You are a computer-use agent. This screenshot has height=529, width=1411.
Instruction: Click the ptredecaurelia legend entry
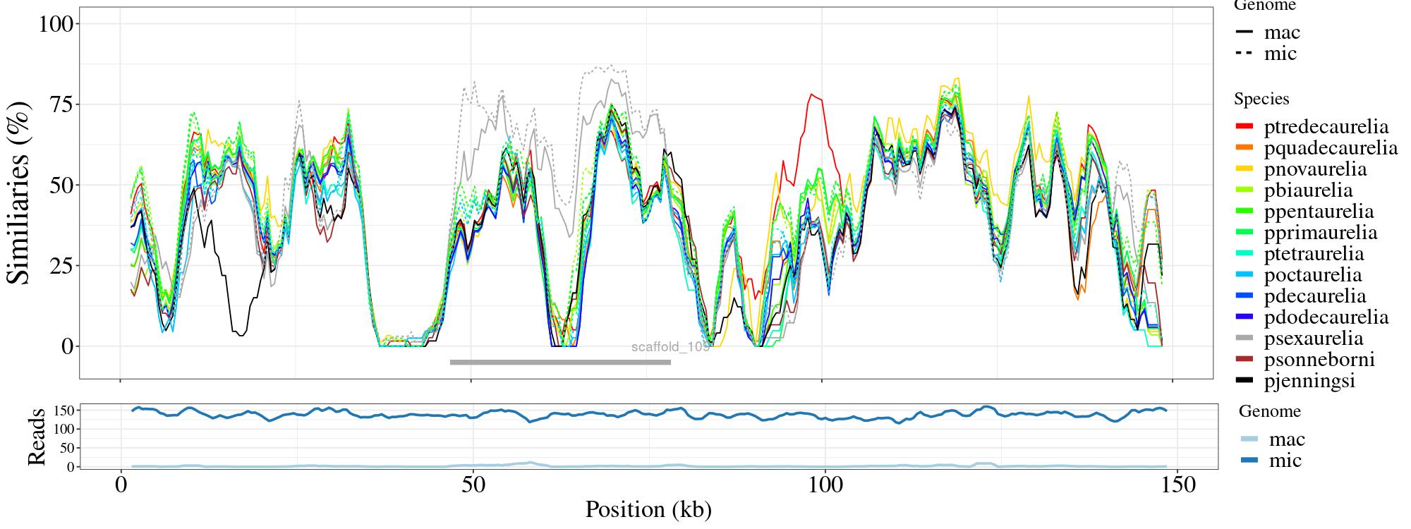(x=1326, y=127)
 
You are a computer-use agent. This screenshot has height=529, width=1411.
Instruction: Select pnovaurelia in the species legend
(x=1315, y=169)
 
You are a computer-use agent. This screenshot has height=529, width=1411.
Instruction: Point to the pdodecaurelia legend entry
(x=1326, y=317)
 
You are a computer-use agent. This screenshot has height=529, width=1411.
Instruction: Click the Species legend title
(x=1261, y=99)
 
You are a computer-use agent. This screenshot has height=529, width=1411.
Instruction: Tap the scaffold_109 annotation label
(x=670, y=347)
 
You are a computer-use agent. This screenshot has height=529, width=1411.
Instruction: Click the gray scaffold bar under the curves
(x=560, y=363)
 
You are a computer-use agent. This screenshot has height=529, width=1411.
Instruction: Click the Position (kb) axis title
(x=648, y=509)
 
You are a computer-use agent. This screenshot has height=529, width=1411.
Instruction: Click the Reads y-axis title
(x=36, y=437)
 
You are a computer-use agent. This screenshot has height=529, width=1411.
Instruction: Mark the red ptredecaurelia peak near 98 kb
(x=812, y=95)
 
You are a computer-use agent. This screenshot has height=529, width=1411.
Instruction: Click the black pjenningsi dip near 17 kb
(x=241, y=335)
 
